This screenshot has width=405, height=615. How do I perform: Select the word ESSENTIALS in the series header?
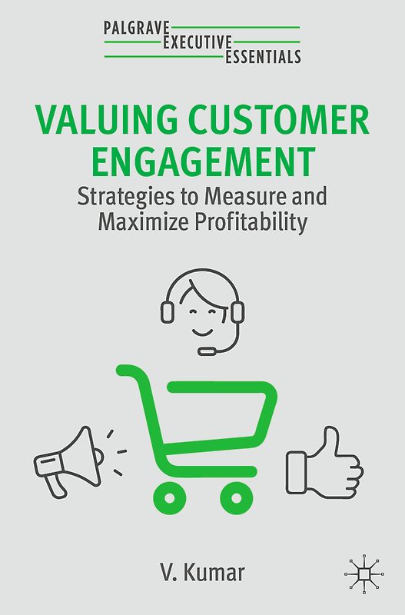263,55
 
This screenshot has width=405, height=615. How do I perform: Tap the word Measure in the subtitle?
244,197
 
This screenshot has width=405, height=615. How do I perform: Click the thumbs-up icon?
324,461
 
